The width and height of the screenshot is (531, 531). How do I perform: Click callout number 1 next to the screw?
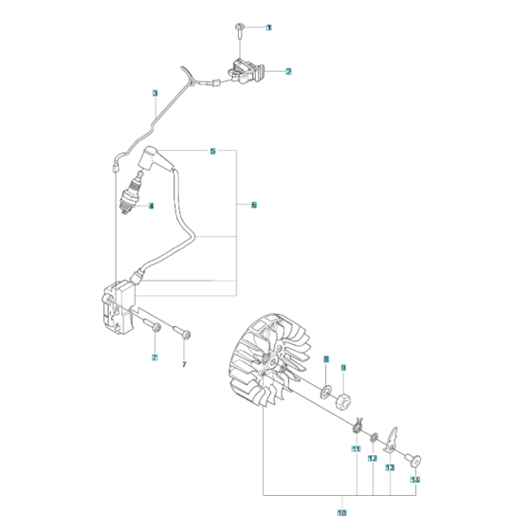point(268,27)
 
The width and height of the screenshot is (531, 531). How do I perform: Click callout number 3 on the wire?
point(156,93)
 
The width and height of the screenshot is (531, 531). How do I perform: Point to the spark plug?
point(132,194)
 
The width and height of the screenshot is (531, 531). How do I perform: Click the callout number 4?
point(151,206)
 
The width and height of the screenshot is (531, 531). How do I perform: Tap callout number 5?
point(212,151)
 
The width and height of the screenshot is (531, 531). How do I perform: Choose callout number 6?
point(254,205)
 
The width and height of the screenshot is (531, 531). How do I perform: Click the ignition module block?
point(119,304)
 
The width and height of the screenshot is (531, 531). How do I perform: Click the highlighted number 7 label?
point(155,357)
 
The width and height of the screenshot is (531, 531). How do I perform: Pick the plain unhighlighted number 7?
point(184,365)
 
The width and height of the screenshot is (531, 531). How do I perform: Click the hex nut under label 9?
point(343,400)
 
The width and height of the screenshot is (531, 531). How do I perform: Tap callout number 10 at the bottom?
point(342,513)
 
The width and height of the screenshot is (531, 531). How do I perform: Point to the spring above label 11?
point(357,427)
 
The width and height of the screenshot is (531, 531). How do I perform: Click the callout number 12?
point(373,458)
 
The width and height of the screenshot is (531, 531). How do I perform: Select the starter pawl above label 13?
point(391,440)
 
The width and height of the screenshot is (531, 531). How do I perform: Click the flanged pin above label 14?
point(413,461)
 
